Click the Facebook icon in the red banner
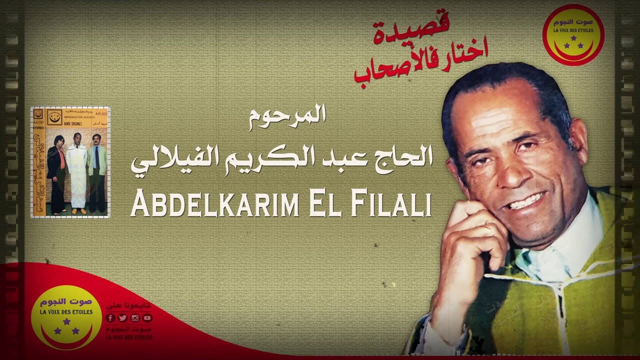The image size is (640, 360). coord(110,318)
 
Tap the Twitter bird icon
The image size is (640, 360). coord(122,318)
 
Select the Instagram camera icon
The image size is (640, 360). coord(134,318)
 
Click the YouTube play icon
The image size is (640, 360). coord(147,318)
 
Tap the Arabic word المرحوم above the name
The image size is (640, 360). coord(288,115)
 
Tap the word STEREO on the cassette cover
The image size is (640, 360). coord(38,127)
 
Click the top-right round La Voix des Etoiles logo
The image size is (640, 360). coord(573,35)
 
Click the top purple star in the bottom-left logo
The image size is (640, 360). coord(66,321)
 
